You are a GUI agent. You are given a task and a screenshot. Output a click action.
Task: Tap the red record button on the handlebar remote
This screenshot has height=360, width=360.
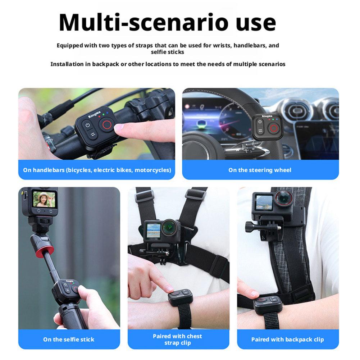107,125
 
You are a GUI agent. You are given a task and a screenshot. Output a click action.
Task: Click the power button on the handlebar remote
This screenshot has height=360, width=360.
87,126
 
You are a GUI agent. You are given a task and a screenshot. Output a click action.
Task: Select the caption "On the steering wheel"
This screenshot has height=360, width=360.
260,170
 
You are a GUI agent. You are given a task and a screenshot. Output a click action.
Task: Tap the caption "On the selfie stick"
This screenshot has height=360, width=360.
69,339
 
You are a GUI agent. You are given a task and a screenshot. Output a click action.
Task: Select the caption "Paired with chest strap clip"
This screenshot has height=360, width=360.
177,340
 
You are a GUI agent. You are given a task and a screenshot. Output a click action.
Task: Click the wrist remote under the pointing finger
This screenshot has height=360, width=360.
180,297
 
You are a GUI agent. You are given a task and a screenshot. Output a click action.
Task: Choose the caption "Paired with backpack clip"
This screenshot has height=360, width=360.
287,340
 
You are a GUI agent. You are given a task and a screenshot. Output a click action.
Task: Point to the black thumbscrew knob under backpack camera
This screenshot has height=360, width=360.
249,227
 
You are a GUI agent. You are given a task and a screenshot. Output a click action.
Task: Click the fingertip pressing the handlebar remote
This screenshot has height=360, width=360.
120,127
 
